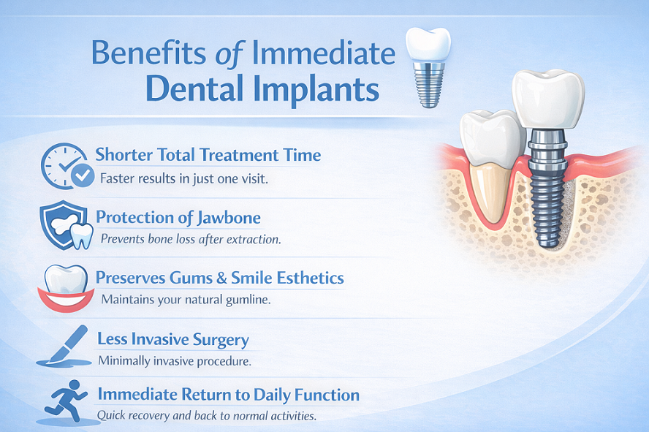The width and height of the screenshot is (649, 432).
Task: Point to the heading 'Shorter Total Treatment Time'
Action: click(208, 155)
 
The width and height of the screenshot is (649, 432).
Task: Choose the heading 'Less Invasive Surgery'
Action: click(173, 340)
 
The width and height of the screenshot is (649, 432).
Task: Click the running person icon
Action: click(64, 401)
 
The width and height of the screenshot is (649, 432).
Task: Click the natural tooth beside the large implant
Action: click(490, 168)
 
